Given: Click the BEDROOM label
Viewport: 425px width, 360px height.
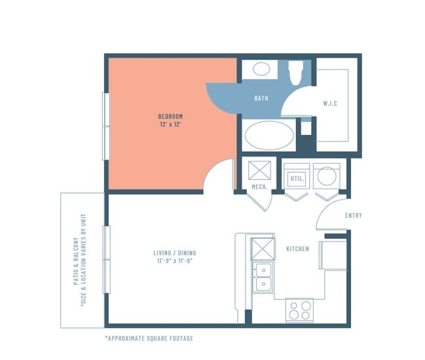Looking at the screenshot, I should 170,117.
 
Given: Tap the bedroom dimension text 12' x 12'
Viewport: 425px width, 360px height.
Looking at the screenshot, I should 170,124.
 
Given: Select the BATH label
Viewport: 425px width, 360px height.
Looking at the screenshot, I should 261,99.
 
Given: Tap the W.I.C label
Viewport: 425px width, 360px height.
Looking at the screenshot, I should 331,104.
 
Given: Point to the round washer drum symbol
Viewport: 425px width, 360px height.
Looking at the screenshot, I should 327,176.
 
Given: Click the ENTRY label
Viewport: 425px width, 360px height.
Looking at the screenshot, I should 353,215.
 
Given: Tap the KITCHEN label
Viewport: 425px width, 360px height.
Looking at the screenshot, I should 297,249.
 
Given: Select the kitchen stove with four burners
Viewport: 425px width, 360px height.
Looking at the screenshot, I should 300,310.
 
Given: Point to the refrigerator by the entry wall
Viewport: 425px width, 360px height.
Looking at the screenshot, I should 332,255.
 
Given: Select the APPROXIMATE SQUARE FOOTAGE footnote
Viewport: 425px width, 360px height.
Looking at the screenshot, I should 149,338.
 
